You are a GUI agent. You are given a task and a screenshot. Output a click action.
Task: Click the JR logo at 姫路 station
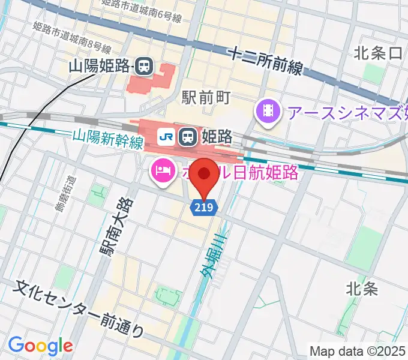coord(166,137)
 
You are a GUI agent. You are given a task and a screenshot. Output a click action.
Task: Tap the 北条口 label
coord(378,53)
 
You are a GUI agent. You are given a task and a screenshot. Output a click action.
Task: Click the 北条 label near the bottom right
coord(362,289)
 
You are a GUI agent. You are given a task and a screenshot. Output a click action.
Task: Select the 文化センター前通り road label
coord(79,308)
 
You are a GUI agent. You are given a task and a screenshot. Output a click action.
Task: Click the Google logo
coord(40,346)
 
